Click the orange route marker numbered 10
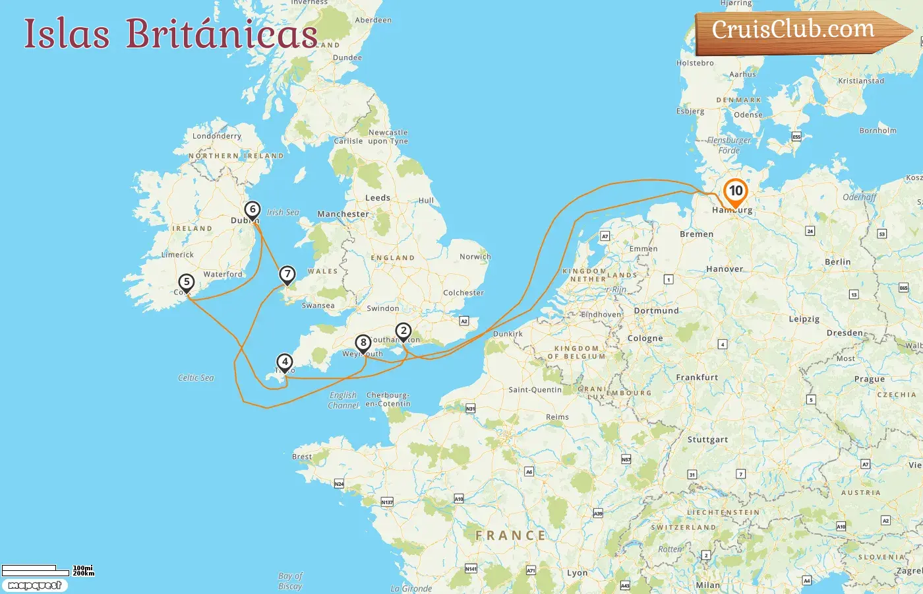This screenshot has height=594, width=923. [735, 191]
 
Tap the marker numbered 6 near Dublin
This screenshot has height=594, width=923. [252, 210]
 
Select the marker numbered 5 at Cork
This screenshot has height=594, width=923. [187, 282]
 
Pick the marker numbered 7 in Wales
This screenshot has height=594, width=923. [287, 274]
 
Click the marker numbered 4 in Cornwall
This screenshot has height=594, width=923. [285, 362]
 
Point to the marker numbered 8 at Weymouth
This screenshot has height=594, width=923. [363, 343]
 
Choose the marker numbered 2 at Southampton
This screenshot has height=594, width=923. [403, 331]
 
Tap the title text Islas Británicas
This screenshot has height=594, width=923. [171, 34]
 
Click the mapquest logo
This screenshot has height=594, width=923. [34, 585]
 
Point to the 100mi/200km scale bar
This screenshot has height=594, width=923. [46, 570]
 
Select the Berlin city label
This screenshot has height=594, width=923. [837, 262]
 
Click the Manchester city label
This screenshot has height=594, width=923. [343, 214]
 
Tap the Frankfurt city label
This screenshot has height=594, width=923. [697, 378]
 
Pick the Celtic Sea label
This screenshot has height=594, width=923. [196, 378]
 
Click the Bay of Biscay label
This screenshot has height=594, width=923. [290, 581]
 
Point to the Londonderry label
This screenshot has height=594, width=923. [217, 136]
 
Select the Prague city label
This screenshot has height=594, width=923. [870, 379]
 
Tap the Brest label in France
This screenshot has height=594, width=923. [302, 457]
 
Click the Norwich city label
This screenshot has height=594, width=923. [475, 257]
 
